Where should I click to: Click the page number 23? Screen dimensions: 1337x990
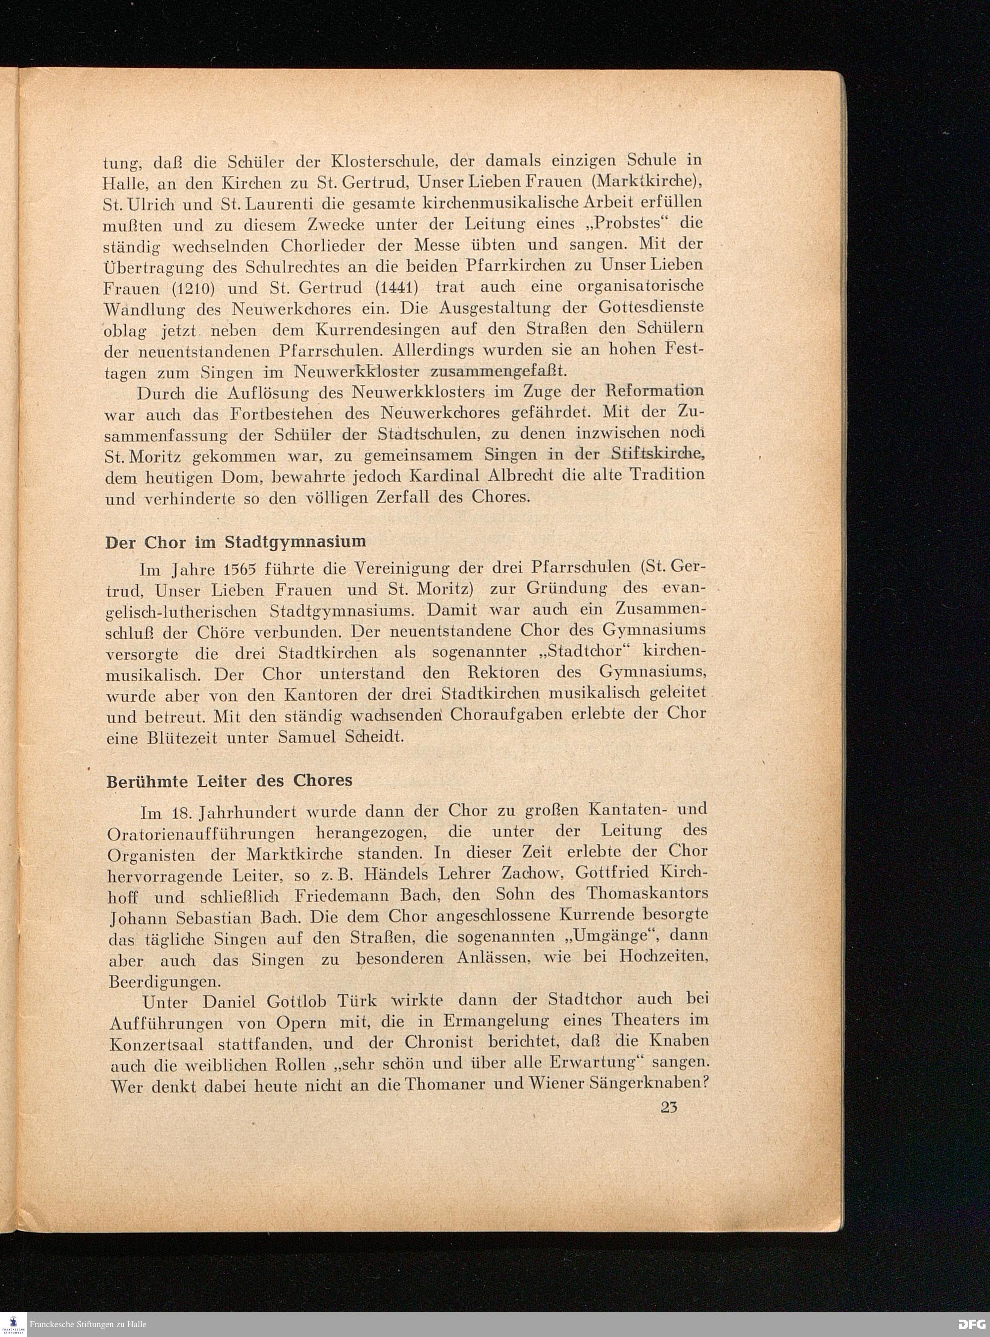click(x=669, y=1107)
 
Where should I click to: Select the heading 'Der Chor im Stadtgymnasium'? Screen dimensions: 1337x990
click(x=236, y=542)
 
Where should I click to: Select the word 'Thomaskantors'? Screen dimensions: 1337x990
click(x=647, y=893)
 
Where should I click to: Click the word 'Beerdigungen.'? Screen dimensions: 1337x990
click(x=164, y=982)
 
